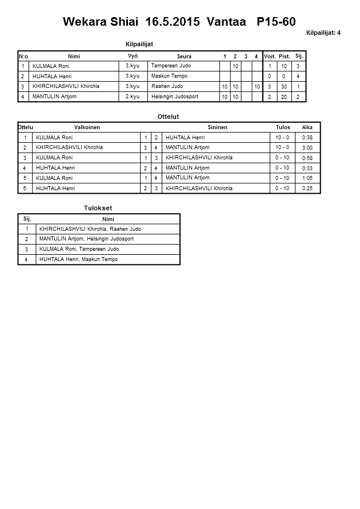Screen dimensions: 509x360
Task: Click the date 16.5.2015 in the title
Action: click(173, 22)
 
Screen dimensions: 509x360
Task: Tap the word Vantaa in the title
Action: click(227, 22)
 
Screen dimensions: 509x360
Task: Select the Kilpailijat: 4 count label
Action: click(323, 33)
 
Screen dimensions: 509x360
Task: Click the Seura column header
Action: click(184, 57)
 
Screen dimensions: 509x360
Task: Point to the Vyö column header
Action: click(133, 56)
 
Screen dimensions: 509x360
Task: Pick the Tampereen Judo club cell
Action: click(171, 66)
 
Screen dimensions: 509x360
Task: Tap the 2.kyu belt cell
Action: click(133, 97)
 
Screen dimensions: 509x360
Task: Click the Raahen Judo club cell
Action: click(167, 86)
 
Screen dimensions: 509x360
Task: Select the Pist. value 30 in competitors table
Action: click(284, 87)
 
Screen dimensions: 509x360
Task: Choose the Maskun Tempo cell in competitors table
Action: click(170, 76)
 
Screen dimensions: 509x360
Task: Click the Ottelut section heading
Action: click(168, 117)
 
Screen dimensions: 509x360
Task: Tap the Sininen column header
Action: click(217, 127)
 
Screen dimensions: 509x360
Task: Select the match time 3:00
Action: click(307, 148)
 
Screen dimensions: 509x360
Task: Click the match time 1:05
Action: click(307, 178)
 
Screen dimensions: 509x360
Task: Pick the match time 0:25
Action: click(307, 189)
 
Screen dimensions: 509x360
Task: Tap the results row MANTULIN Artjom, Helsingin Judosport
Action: click(87, 239)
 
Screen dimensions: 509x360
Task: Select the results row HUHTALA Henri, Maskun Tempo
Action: click(79, 260)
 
